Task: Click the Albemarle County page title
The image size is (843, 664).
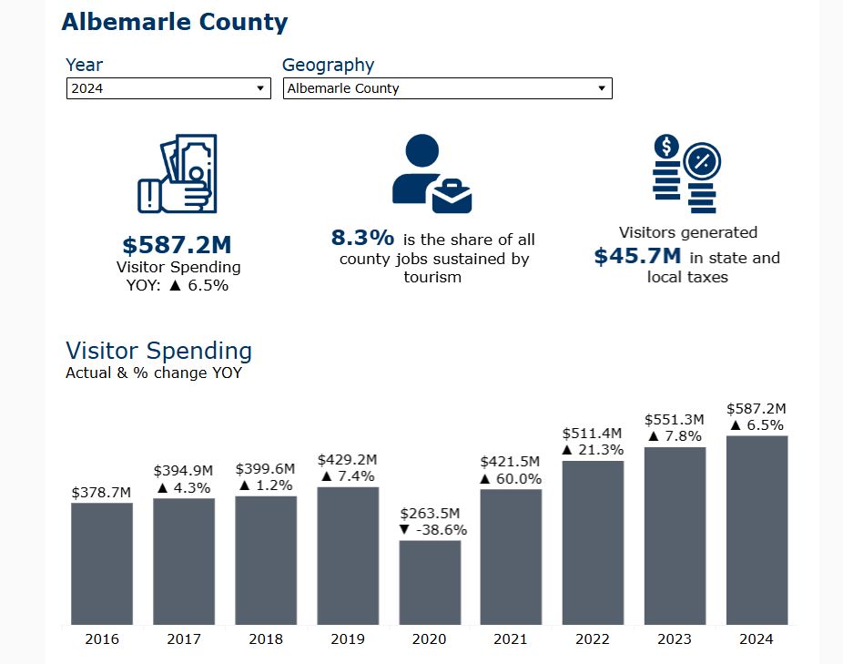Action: pyautogui.click(x=174, y=23)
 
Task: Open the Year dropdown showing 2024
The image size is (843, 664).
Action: pyautogui.click(x=168, y=88)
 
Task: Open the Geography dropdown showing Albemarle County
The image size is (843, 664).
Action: pyautogui.click(x=447, y=88)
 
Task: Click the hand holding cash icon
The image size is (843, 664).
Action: pyautogui.click(x=177, y=173)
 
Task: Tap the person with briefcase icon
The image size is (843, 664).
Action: pyautogui.click(x=432, y=174)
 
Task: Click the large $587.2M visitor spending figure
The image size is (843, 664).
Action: pyautogui.click(x=178, y=245)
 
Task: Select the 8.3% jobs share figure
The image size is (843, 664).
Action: pyautogui.click(x=362, y=239)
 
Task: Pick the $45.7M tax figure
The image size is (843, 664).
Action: pyautogui.click(x=637, y=257)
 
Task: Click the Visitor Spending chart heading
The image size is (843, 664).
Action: pyautogui.click(x=158, y=351)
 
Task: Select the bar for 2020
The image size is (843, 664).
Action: pyautogui.click(x=430, y=582)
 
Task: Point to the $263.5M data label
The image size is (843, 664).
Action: pyautogui.click(x=430, y=512)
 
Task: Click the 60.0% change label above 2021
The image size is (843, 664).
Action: pyautogui.click(x=511, y=479)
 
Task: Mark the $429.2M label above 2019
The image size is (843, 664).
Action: pyautogui.click(x=347, y=460)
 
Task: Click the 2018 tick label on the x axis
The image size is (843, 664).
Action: pyautogui.click(x=266, y=638)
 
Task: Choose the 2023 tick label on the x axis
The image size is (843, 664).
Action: pyautogui.click(x=675, y=638)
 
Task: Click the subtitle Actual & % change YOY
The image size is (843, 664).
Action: pyautogui.click(x=154, y=373)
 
